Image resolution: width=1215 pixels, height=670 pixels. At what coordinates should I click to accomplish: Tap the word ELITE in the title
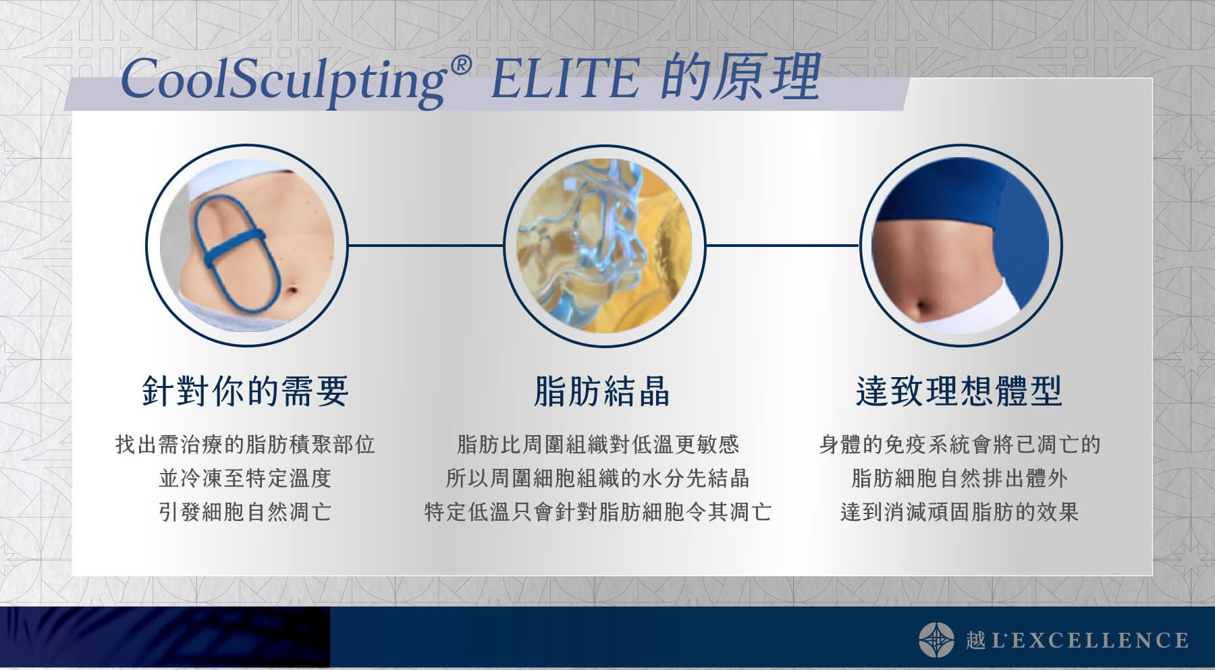click(x=564, y=79)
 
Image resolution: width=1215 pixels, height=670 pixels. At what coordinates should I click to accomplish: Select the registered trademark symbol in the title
click(x=459, y=66)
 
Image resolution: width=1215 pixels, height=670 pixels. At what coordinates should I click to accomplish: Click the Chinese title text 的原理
click(x=740, y=77)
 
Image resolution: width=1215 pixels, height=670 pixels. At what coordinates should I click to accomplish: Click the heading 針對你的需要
click(x=245, y=391)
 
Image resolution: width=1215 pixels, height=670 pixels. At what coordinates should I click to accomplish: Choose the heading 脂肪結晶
click(x=601, y=391)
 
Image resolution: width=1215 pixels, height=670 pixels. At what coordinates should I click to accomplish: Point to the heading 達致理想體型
click(x=959, y=391)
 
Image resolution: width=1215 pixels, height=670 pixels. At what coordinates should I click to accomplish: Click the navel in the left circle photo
click(x=292, y=291)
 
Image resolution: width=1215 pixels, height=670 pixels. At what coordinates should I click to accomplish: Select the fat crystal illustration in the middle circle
click(x=604, y=246)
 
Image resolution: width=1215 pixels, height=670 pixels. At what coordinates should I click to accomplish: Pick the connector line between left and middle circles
click(x=426, y=246)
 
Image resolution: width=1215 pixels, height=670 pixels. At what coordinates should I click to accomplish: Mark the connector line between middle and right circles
click(x=782, y=246)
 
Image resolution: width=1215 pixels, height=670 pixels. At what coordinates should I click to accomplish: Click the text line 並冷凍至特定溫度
click(x=245, y=478)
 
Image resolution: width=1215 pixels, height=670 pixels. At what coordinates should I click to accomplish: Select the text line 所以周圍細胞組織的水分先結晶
click(x=597, y=478)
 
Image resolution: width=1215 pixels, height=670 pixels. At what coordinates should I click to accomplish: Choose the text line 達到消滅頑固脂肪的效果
click(x=959, y=512)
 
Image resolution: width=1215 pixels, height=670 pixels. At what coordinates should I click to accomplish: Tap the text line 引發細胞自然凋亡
click(x=245, y=512)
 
